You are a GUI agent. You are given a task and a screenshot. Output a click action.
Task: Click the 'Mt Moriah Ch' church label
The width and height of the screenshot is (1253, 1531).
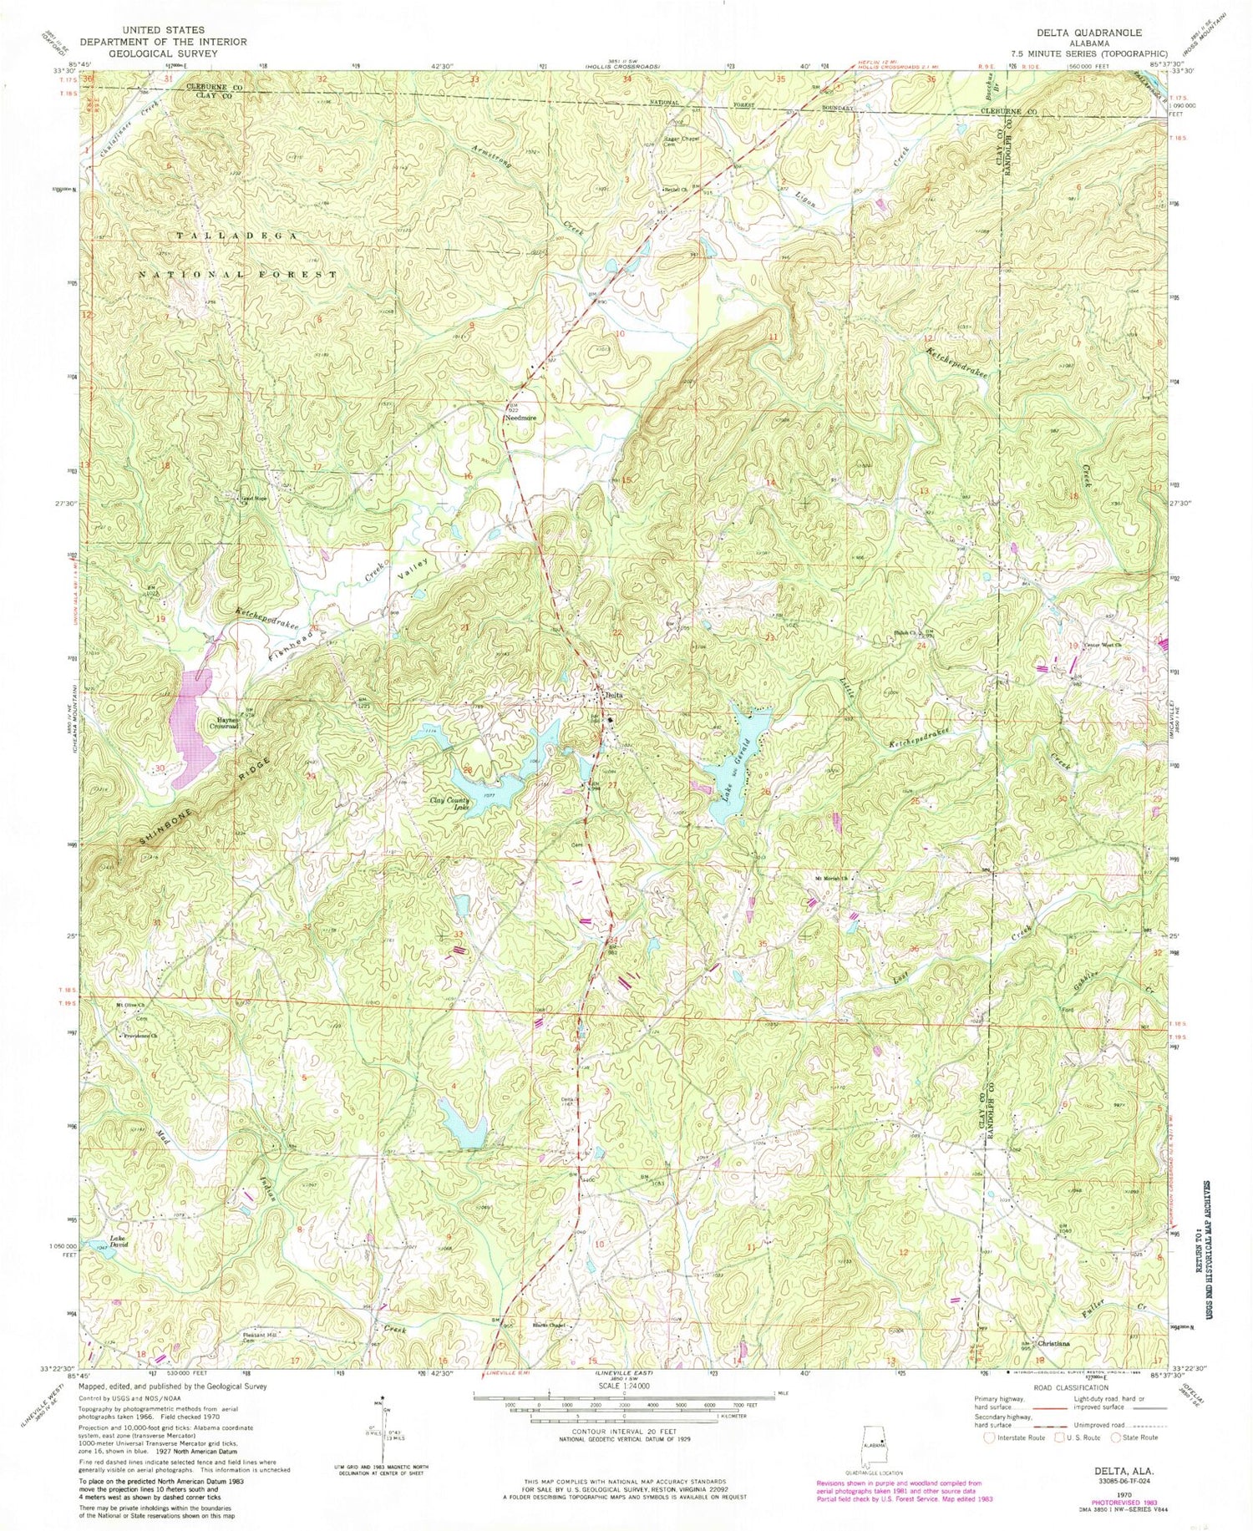(x=832, y=878)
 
